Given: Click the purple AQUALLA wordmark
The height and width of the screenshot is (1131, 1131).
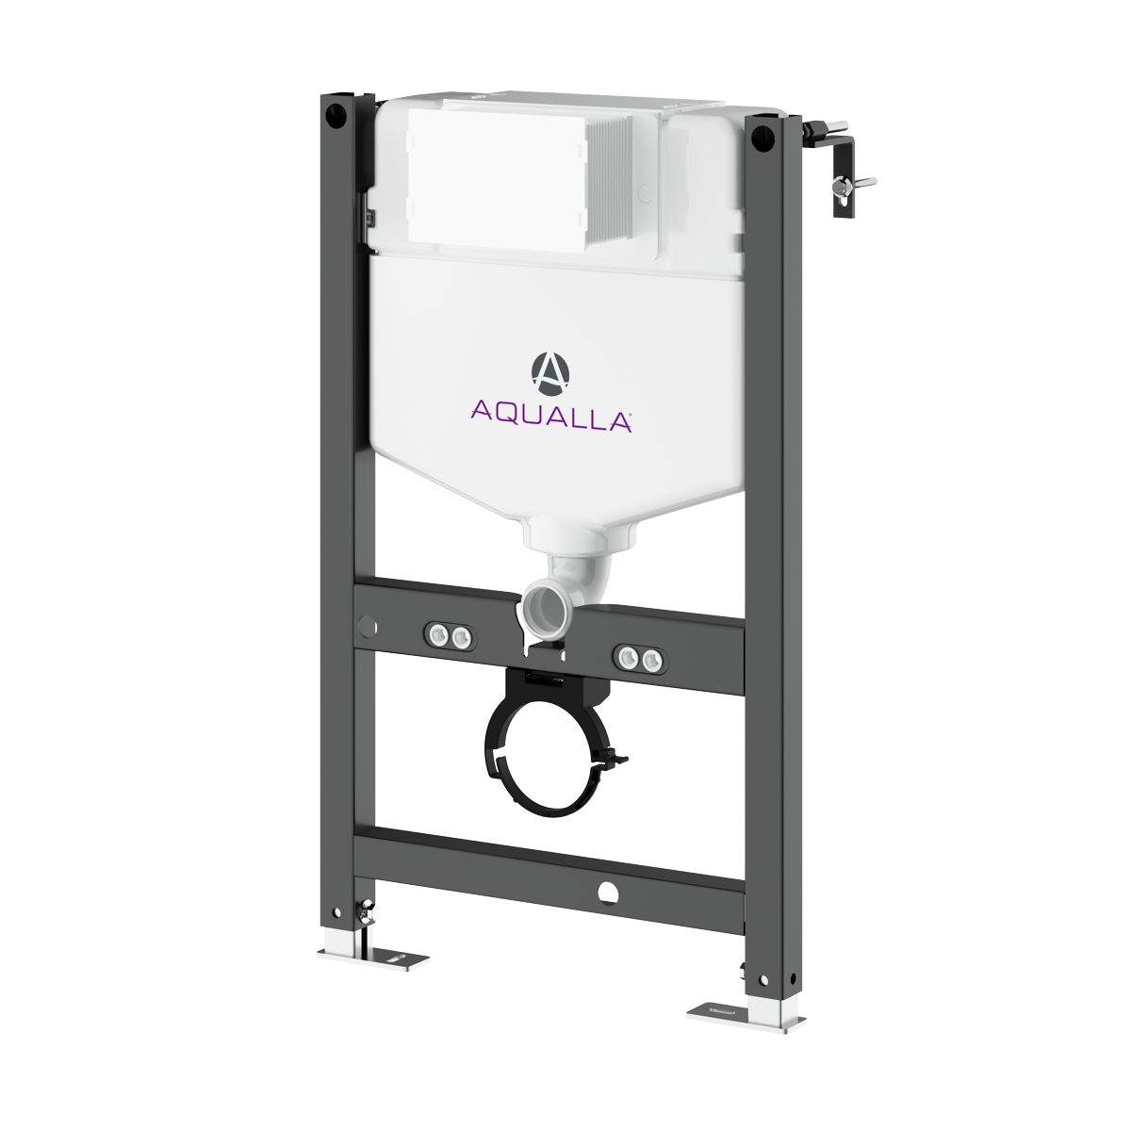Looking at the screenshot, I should pyautogui.click(x=550, y=414).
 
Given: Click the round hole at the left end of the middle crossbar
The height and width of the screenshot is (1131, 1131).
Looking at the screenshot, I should pyautogui.click(x=367, y=626).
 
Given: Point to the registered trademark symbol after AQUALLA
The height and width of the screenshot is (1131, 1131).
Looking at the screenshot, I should pyautogui.click(x=629, y=412).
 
